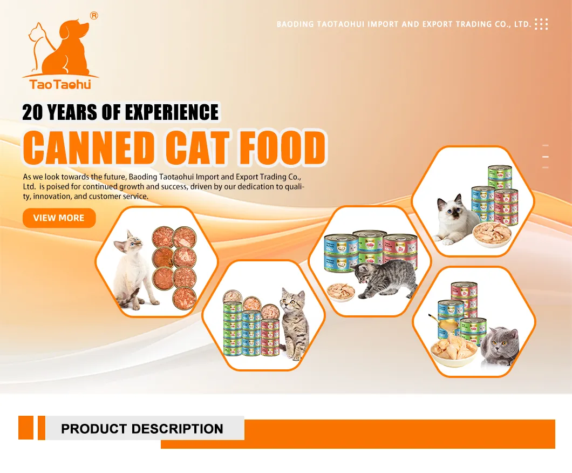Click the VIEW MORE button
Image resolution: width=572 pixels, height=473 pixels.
pos(59,218)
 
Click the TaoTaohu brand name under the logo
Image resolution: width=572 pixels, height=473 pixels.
pos(60,84)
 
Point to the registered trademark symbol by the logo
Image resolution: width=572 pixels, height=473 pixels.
pos(94,16)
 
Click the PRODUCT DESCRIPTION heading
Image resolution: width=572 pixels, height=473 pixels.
pos(142,429)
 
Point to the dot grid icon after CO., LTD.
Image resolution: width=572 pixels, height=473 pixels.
pos(541,24)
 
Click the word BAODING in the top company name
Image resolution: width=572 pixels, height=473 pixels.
pos(294,24)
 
